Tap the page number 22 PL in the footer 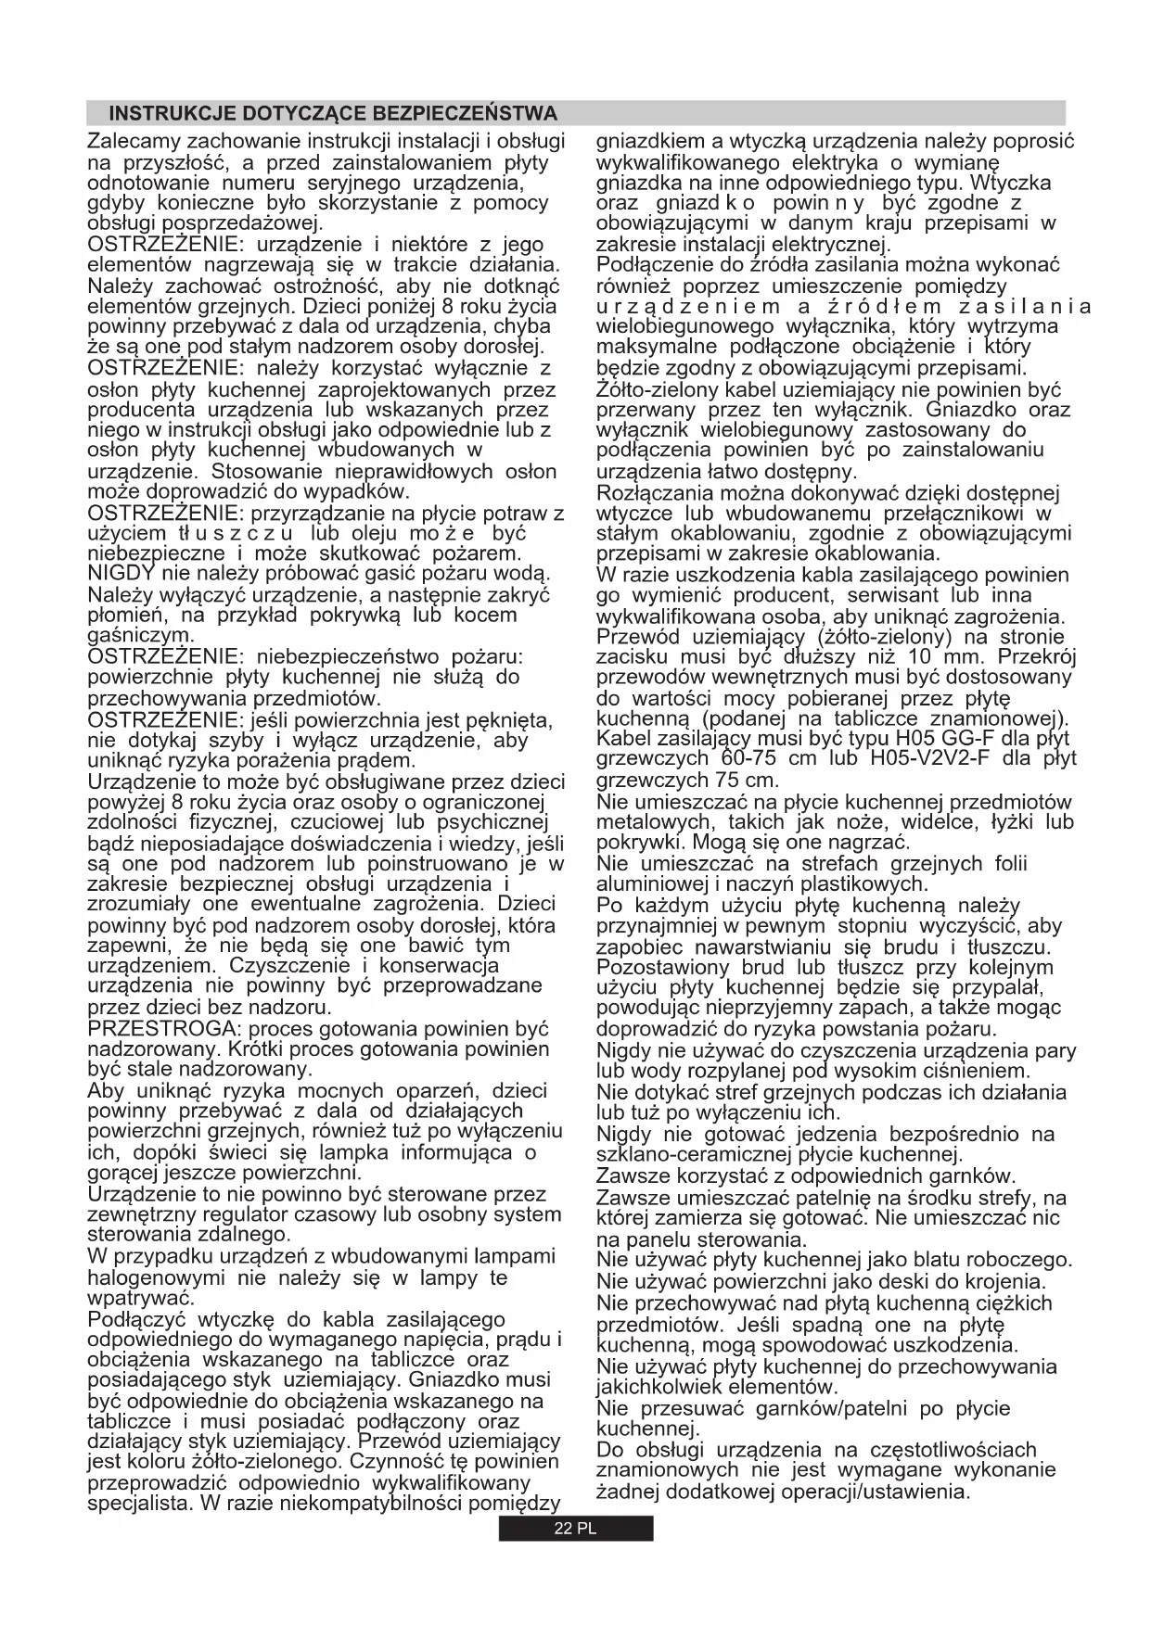(575, 1530)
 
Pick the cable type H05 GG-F (946, 739)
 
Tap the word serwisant (865, 595)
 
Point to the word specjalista (137, 1504)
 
